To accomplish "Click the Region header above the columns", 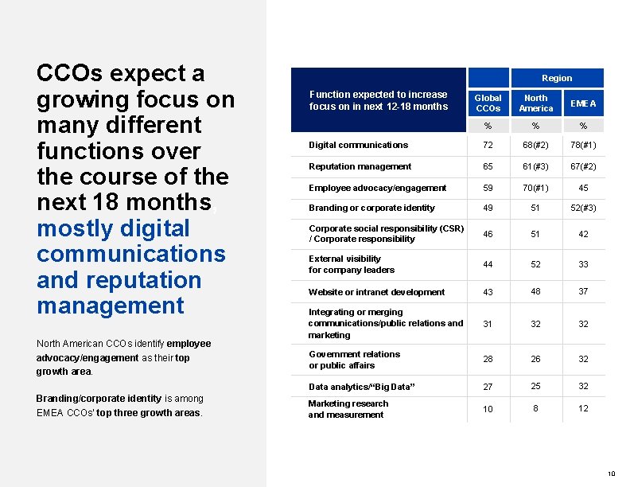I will point(557,78).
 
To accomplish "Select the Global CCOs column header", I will point(488,103).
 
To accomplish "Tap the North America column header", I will point(535,103).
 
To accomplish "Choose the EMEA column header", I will point(583,103).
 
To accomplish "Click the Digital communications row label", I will point(358,145).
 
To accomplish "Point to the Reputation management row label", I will point(360,166).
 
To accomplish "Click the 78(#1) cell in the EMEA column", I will point(583,145).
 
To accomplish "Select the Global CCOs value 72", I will point(488,145).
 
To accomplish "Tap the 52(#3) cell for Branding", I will point(583,208).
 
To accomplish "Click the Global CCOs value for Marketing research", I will point(488,409).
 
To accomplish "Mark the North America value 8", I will point(535,407).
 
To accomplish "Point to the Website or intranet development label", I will point(376,292).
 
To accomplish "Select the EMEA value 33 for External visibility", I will point(583,264).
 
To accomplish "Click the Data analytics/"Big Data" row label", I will point(362,387).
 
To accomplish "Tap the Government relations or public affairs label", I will point(354,360).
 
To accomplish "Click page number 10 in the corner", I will point(611,474).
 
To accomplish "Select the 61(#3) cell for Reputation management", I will point(535,166).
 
